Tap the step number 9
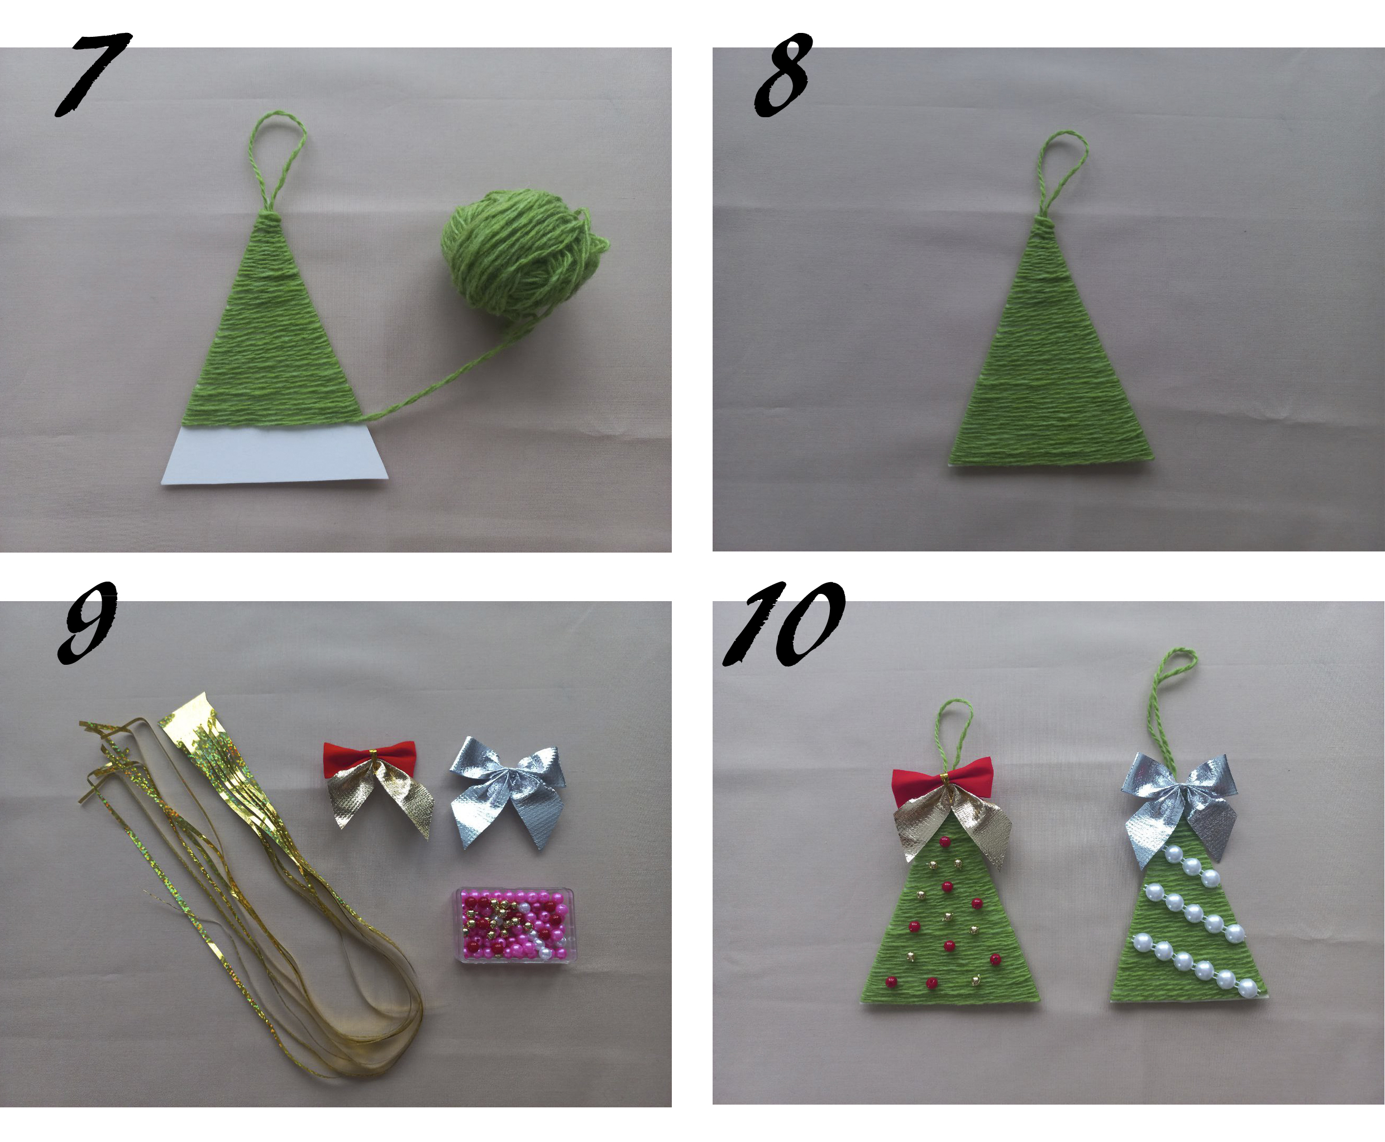coord(87,622)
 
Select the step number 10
coord(784,623)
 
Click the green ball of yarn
coord(523,253)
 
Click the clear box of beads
coord(515,926)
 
